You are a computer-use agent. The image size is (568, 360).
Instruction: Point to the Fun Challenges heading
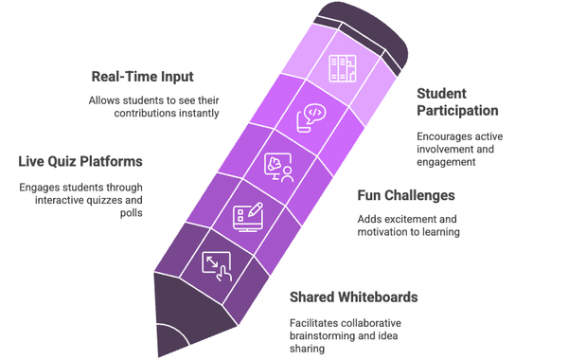[x=406, y=196]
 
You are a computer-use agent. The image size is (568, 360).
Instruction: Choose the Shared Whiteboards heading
[x=354, y=297]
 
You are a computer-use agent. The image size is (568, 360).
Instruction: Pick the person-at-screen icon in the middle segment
[x=276, y=167]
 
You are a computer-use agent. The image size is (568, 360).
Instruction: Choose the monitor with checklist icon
[x=246, y=214]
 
